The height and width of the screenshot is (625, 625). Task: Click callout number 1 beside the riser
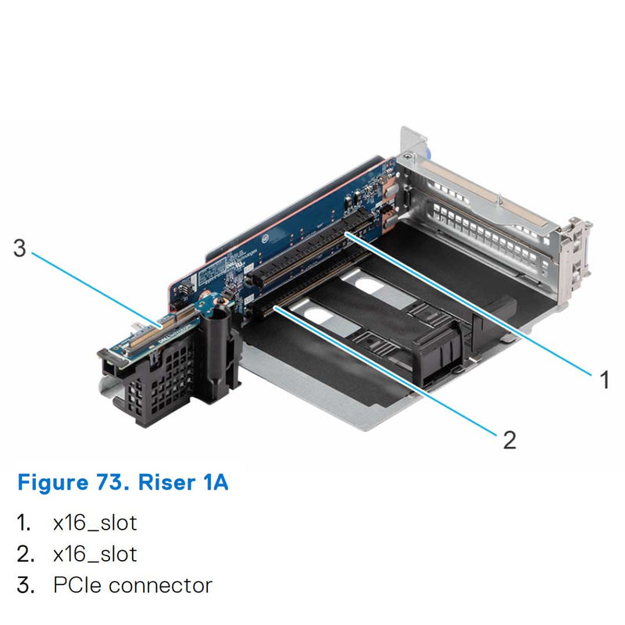pyautogui.click(x=603, y=380)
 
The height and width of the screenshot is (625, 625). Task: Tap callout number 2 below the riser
pyautogui.click(x=509, y=440)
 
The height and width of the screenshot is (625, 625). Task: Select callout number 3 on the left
pyautogui.click(x=20, y=248)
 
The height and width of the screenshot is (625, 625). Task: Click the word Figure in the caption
pyautogui.click(x=52, y=482)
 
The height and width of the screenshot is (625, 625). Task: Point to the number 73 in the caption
pyautogui.click(x=111, y=482)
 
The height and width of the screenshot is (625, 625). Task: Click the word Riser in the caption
pyautogui.click(x=164, y=482)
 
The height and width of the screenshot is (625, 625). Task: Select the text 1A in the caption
pyautogui.click(x=212, y=482)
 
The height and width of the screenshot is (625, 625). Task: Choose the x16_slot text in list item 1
pyautogui.click(x=95, y=523)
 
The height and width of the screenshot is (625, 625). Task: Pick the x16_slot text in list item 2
pyautogui.click(x=95, y=554)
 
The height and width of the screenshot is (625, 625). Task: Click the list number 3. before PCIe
pyautogui.click(x=26, y=584)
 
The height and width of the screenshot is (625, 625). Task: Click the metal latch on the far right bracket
pyautogui.click(x=576, y=250)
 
